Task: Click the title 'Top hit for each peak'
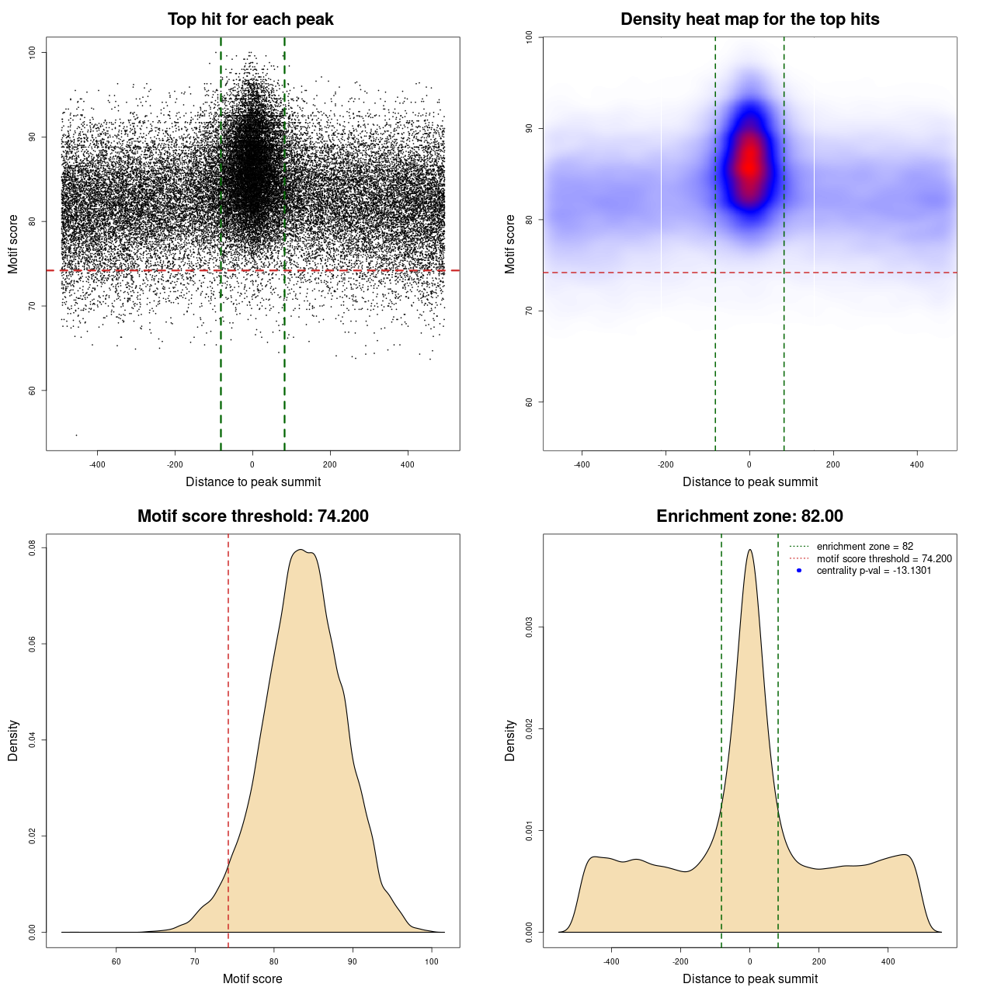[x=250, y=19]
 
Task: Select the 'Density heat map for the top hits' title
[x=749, y=19]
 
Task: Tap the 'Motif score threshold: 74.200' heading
[x=252, y=516]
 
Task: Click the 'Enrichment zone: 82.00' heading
[x=749, y=516]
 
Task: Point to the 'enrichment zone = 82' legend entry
[x=864, y=547]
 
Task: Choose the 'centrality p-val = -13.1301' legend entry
[x=874, y=571]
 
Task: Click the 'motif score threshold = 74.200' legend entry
[x=884, y=559]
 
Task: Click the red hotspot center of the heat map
[x=749, y=163]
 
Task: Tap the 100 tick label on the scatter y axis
[x=33, y=52]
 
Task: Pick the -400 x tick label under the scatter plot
[x=97, y=465]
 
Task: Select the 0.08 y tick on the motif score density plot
[x=33, y=548]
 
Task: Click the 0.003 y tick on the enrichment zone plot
[x=530, y=627]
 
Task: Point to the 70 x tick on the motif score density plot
[x=195, y=961]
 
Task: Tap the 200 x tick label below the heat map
[x=833, y=465]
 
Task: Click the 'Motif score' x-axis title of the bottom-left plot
[x=252, y=979]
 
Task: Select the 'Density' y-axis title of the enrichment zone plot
[x=510, y=740]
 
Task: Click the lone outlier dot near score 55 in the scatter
[x=76, y=435]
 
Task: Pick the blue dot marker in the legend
[x=799, y=571]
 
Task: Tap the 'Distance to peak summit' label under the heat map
[x=749, y=482]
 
